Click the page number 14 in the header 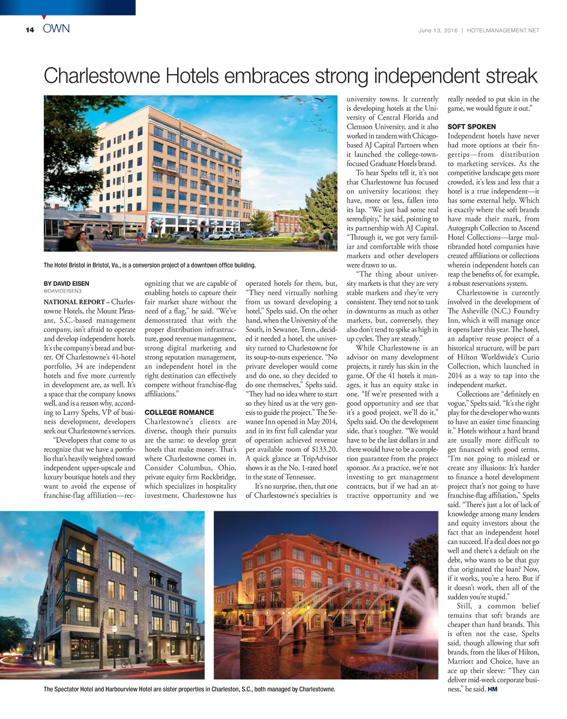point(29,30)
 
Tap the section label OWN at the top point(56,29)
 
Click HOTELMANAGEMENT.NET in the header point(503,30)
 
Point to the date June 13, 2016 point(438,30)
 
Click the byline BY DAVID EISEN point(66,284)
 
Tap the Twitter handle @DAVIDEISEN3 point(62,291)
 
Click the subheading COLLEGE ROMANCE point(179,413)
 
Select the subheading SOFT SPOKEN point(471,127)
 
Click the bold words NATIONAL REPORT point(74,302)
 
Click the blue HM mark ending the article point(492,689)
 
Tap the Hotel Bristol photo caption point(150,265)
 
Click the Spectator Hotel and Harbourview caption point(189,690)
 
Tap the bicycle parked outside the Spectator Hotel point(126,662)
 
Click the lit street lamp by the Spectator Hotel point(114,630)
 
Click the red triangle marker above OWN point(44,18)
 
